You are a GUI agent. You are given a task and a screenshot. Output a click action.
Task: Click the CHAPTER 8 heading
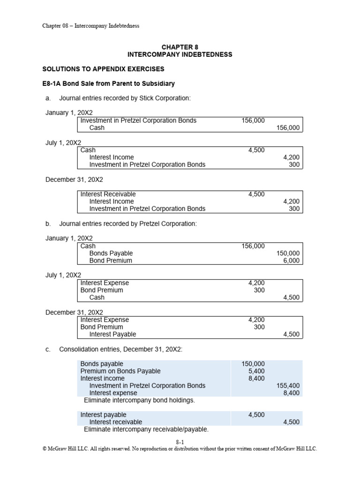click(180, 47)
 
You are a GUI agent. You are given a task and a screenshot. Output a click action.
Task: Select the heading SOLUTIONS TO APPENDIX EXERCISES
click(103, 69)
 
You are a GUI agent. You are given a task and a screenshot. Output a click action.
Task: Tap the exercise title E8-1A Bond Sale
click(108, 83)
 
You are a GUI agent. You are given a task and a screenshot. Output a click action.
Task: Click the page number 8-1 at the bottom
click(180, 442)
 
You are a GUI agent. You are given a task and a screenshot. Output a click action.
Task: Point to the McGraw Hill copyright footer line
click(180, 449)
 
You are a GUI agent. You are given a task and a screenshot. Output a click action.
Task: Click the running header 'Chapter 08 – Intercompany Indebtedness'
click(90, 26)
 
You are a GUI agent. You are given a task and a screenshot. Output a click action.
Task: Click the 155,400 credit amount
click(288, 385)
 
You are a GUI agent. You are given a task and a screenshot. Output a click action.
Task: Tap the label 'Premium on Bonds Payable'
click(120, 371)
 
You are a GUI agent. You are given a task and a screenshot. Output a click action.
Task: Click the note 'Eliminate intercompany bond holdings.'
click(139, 400)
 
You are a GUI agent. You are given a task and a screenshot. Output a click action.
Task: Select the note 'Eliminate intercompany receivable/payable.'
click(146, 429)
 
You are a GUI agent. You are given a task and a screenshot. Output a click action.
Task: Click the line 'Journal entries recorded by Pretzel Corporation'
click(128, 224)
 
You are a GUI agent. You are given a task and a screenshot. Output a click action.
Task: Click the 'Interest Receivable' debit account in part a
click(108, 194)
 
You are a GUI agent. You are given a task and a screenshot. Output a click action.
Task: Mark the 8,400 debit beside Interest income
click(255, 378)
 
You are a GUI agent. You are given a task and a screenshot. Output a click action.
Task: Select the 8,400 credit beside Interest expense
click(291, 393)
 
